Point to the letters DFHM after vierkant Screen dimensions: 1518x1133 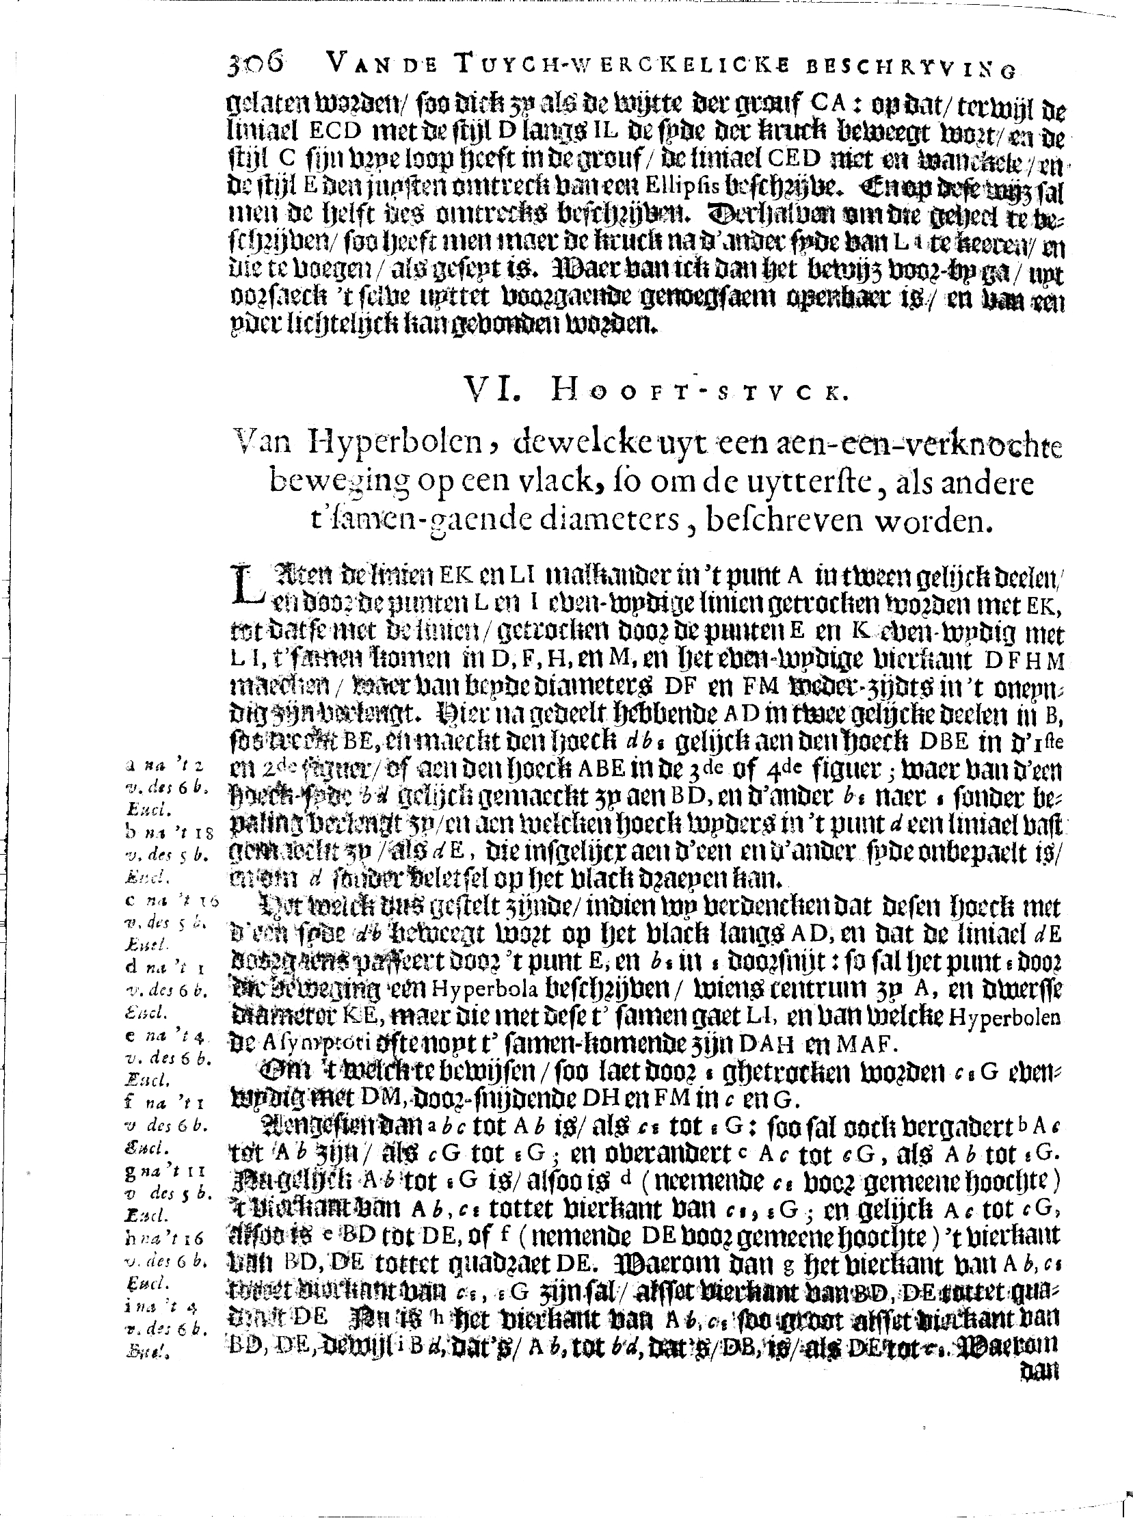(x=1022, y=660)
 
